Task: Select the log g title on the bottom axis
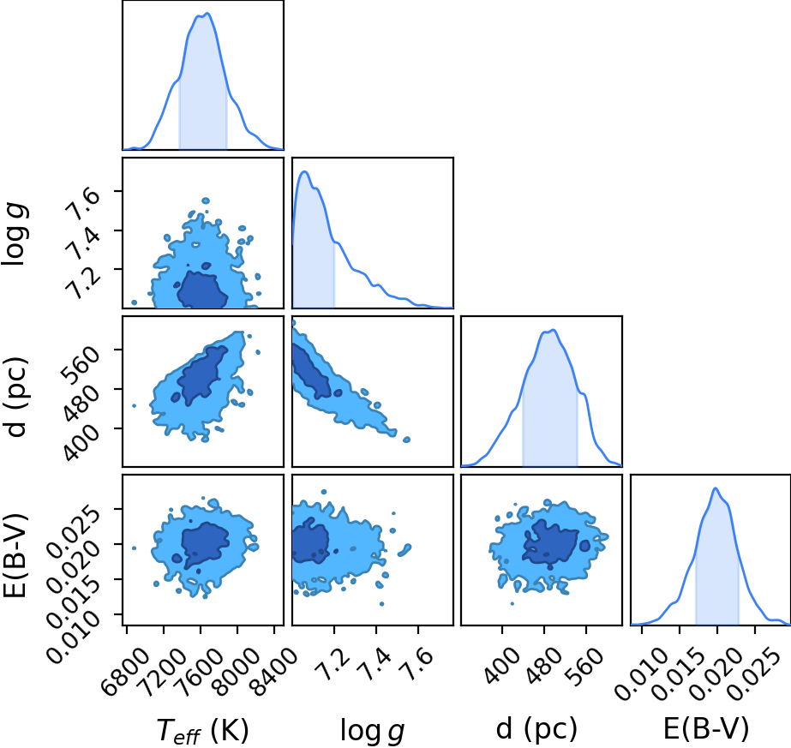(x=372, y=730)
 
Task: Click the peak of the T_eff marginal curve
(x=207, y=14)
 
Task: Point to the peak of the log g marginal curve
(x=304, y=172)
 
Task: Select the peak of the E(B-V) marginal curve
(x=715, y=488)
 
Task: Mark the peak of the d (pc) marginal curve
(x=554, y=331)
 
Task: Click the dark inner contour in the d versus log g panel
(x=312, y=369)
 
